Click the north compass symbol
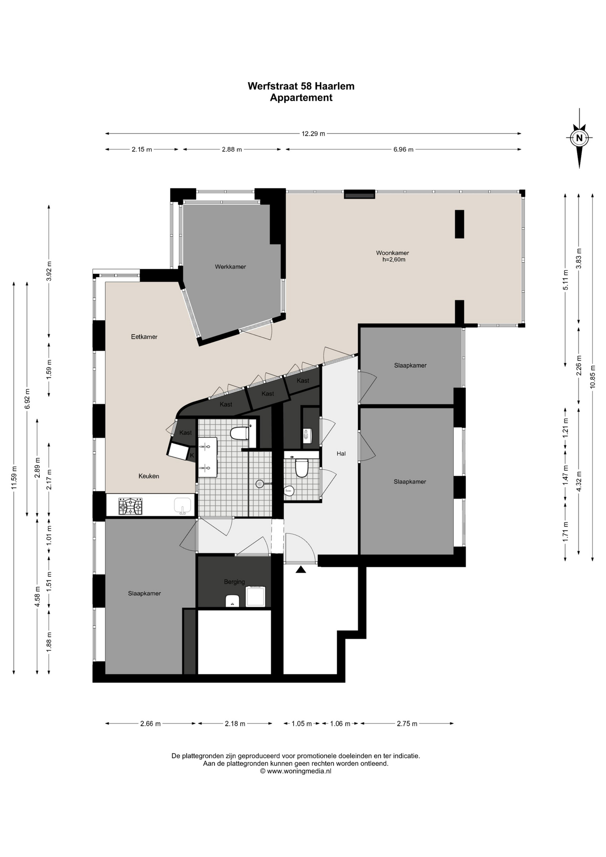point(579,138)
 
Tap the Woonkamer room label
point(392,253)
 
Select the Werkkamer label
point(230,266)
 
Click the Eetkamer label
point(144,337)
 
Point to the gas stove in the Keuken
point(130,506)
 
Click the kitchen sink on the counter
point(183,506)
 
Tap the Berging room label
point(234,582)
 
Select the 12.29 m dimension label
point(313,133)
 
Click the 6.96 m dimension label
point(403,150)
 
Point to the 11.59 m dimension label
point(14,478)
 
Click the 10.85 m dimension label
point(592,377)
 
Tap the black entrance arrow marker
point(301,569)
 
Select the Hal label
point(341,453)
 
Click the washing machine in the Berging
point(256,596)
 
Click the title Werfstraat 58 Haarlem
point(301,86)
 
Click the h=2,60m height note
point(394,259)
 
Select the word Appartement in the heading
point(301,98)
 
